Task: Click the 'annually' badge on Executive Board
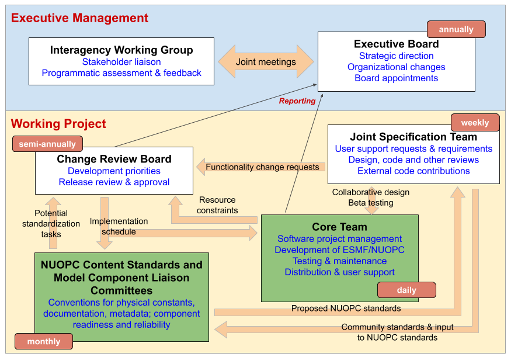[x=456, y=29]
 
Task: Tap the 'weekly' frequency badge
[x=475, y=123]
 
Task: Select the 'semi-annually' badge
[x=47, y=144]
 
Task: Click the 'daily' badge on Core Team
[x=406, y=290]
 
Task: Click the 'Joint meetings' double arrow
[x=266, y=62]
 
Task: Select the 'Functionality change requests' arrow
[x=262, y=167]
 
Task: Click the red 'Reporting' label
[x=297, y=101]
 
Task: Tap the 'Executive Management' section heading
[x=79, y=18]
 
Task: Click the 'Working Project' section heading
[x=58, y=124]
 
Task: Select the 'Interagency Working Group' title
[x=121, y=50]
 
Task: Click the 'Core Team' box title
[x=339, y=227]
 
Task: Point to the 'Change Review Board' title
[x=114, y=159]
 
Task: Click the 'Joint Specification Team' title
[x=413, y=137]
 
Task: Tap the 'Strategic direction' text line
[x=396, y=56]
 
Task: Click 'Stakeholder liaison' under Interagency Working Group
[x=121, y=62]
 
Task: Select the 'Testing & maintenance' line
[x=339, y=261]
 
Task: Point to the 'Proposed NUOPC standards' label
[x=346, y=308]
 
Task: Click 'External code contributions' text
[x=413, y=171]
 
